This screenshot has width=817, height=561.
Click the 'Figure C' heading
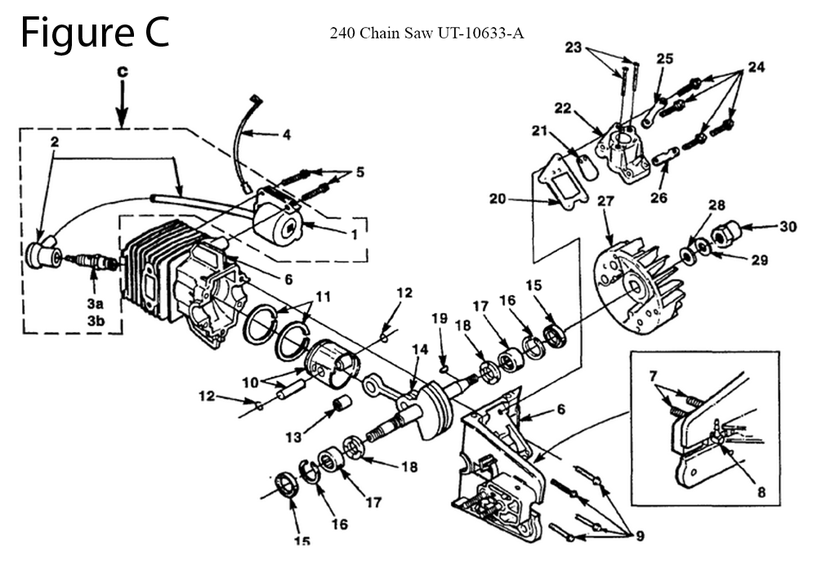click(x=95, y=33)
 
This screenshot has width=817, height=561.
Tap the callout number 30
click(x=787, y=227)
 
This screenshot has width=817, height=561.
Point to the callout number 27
click(x=604, y=200)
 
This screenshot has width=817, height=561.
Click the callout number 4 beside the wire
click(x=287, y=136)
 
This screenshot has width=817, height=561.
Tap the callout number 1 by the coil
click(x=354, y=234)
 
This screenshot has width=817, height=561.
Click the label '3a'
click(x=95, y=303)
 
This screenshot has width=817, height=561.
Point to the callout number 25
click(x=665, y=59)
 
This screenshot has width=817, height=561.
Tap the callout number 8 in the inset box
click(x=761, y=492)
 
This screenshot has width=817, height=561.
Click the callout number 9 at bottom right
click(x=640, y=536)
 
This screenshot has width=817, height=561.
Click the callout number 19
click(x=440, y=317)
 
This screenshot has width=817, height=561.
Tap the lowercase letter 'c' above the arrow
click(x=122, y=71)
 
